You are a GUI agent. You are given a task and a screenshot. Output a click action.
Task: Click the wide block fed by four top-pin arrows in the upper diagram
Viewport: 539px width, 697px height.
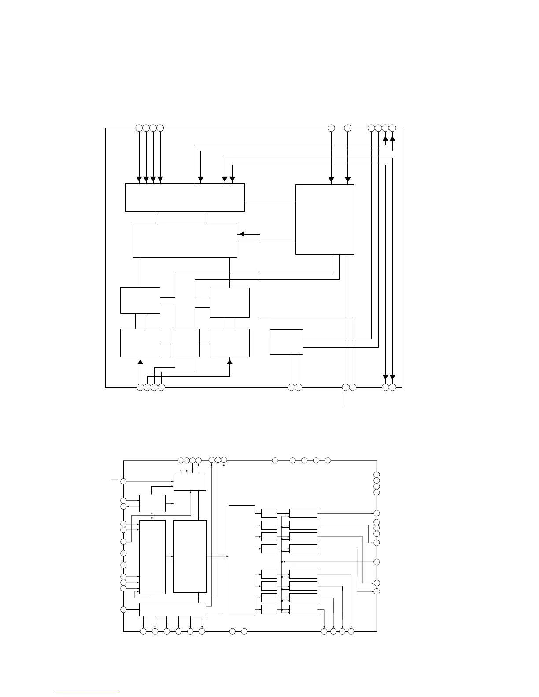point(185,198)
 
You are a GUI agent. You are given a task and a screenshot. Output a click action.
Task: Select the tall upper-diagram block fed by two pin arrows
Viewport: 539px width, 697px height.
point(325,219)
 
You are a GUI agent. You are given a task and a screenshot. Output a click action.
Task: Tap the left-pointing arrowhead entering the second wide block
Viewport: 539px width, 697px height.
point(241,235)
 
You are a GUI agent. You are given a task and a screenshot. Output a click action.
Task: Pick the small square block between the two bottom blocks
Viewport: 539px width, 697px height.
point(185,343)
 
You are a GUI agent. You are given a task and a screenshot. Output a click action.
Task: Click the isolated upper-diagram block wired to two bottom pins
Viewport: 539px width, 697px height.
point(286,341)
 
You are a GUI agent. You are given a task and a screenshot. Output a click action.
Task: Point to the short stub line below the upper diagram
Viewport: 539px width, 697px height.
point(342,399)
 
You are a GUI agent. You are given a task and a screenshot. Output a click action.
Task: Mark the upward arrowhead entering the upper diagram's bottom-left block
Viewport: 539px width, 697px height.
point(140,362)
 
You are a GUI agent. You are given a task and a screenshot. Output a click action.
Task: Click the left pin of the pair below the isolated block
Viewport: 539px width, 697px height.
point(291,387)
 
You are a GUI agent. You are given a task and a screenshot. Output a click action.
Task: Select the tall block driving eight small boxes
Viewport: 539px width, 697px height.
point(242,561)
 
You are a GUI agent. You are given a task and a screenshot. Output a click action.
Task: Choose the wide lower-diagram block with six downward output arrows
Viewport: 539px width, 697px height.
point(172,609)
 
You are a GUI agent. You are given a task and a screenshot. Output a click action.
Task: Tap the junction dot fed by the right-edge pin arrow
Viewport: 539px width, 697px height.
point(281,562)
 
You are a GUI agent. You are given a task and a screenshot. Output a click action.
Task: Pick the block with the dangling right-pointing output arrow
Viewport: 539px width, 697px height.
point(152,503)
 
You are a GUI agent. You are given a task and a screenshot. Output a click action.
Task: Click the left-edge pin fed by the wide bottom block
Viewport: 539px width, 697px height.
point(124,609)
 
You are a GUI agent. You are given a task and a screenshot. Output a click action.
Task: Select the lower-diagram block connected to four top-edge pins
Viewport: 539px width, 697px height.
point(189,481)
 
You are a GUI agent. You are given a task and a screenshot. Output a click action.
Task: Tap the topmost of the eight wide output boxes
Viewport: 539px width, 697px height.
point(303,513)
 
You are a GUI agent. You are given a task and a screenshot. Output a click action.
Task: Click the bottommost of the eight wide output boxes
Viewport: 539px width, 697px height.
point(303,609)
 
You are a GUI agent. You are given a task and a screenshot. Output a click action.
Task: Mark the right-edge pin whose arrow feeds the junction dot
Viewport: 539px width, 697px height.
point(377,562)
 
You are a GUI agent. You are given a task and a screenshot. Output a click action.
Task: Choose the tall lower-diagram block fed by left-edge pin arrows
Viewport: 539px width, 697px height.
point(152,557)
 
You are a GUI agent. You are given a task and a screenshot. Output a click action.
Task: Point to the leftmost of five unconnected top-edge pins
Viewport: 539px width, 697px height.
point(275,460)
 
